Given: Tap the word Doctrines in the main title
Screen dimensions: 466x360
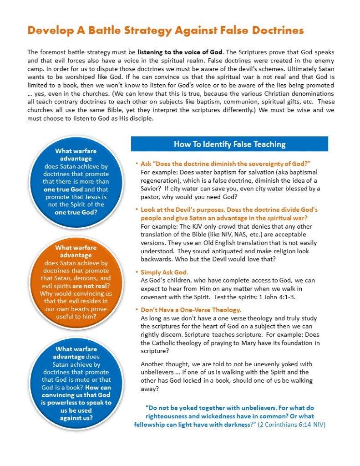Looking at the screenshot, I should point(274,31).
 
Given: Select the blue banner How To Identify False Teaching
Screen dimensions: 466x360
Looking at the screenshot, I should point(229,144).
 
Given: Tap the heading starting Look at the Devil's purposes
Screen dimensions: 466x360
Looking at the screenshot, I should point(229,210).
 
